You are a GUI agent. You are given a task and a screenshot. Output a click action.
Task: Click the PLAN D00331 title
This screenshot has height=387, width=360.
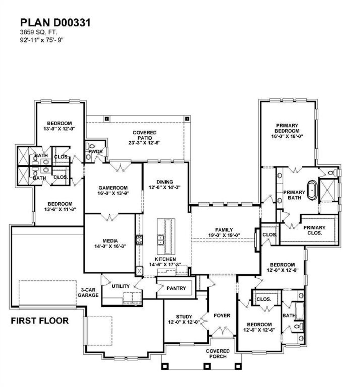(55, 23)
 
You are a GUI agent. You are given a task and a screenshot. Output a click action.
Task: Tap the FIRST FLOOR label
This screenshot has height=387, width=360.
(40, 321)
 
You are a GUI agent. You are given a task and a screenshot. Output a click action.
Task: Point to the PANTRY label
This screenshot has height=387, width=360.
(176, 288)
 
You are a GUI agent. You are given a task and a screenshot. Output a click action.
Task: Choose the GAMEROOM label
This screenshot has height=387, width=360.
(113, 188)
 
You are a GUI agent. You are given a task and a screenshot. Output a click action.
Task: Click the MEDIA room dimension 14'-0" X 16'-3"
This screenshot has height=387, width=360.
(110, 246)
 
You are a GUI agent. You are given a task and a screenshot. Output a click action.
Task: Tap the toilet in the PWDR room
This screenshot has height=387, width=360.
(91, 146)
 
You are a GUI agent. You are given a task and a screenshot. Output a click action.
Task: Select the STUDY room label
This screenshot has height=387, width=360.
(184, 317)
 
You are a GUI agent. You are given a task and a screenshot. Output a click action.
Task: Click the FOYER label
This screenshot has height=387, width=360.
(222, 316)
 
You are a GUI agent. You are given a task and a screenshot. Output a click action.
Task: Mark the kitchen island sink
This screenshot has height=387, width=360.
(161, 240)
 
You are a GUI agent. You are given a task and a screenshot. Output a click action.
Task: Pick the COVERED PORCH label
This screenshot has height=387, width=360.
(218, 354)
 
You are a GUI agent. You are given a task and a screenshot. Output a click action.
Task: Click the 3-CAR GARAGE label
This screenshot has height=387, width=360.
(88, 292)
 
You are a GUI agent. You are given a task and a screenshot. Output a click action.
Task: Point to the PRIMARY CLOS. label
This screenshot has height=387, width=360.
(314, 230)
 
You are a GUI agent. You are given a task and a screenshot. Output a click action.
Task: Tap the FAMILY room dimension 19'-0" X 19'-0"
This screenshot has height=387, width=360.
(224, 235)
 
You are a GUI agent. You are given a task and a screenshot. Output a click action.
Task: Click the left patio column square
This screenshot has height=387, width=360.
(106, 119)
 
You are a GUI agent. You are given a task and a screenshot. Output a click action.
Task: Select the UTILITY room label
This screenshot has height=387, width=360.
(121, 286)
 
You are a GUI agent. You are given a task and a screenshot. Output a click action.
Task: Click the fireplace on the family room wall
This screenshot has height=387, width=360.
(256, 239)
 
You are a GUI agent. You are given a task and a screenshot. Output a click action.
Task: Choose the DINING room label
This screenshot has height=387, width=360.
(165, 182)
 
